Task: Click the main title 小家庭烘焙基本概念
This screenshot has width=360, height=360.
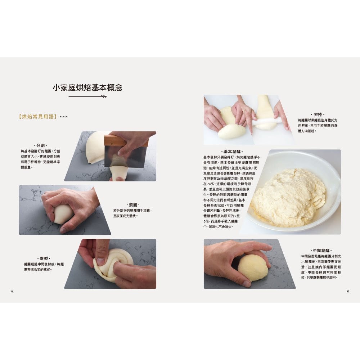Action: tap(87, 87)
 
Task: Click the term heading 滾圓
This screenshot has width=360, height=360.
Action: tap(134, 204)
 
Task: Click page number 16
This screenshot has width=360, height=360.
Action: tap(12, 291)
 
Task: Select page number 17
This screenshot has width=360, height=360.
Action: tap(348, 291)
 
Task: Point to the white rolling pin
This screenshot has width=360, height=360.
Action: tap(265, 123)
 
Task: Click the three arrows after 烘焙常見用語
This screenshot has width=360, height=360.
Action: tap(63, 117)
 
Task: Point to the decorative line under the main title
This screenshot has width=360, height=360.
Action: tap(87, 96)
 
